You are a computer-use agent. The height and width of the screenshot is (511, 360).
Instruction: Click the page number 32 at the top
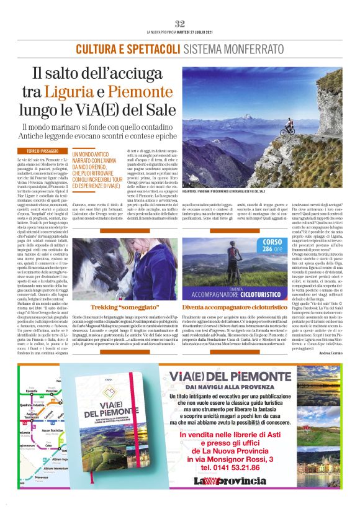pyautogui.click(x=180, y=24)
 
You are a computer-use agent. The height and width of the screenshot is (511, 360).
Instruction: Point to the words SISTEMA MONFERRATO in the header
pyautogui.click(x=228, y=48)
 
